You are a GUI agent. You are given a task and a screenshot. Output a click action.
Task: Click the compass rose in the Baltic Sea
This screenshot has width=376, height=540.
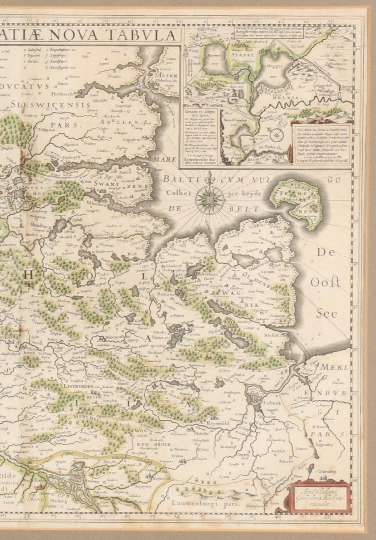210,199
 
